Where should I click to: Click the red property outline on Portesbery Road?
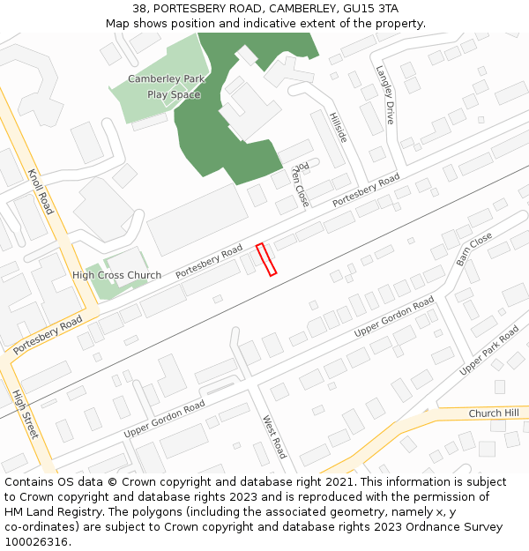(x=265, y=259)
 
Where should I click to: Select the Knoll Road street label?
(x=41, y=191)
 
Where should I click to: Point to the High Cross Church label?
(x=116, y=275)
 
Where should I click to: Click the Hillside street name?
(x=338, y=127)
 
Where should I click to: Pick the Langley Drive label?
(x=384, y=94)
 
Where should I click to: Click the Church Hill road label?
(x=494, y=413)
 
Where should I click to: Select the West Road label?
(x=274, y=436)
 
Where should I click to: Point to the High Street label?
(x=26, y=414)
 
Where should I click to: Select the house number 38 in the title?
(x=140, y=8)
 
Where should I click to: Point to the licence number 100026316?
(x=37, y=541)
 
